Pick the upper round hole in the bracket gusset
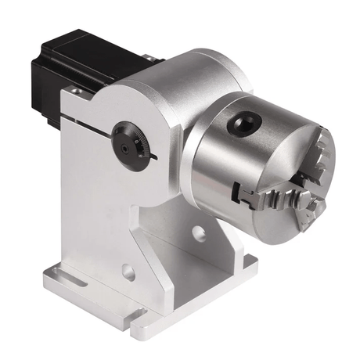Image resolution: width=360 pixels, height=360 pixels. point(198,232)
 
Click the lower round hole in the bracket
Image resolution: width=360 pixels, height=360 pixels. point(128,273)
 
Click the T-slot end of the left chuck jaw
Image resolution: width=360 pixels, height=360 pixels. point(239,185)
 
